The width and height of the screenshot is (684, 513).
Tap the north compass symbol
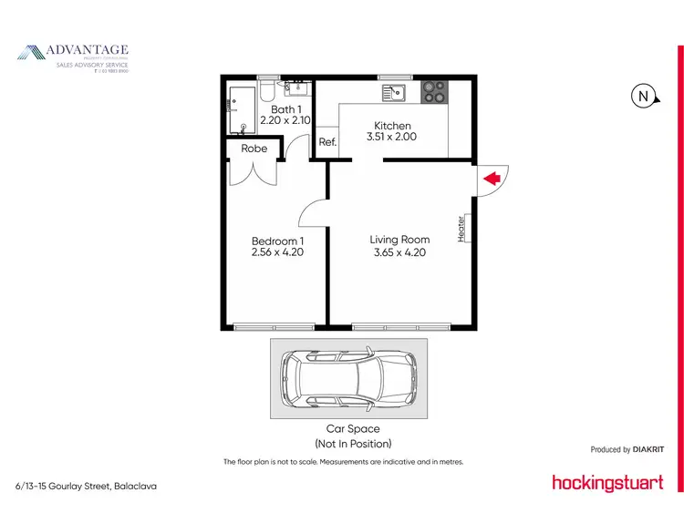(643, 96)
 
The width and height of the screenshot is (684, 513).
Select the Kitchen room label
(393, 126)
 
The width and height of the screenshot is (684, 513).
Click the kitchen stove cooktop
(434, 92)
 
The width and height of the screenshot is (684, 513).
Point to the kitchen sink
(394, 91)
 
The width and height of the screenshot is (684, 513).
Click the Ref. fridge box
(327, 142)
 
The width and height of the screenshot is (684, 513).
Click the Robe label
(254, 149)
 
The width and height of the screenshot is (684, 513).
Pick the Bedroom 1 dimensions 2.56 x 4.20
(277, 252)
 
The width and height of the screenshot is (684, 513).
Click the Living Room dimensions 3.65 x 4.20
(399, 252)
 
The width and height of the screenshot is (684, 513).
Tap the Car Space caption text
(353, 428)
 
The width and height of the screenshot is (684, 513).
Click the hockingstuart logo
(607, 482)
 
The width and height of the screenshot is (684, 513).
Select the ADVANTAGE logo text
(88, 50)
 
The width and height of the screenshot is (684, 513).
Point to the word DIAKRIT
(648, 449)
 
